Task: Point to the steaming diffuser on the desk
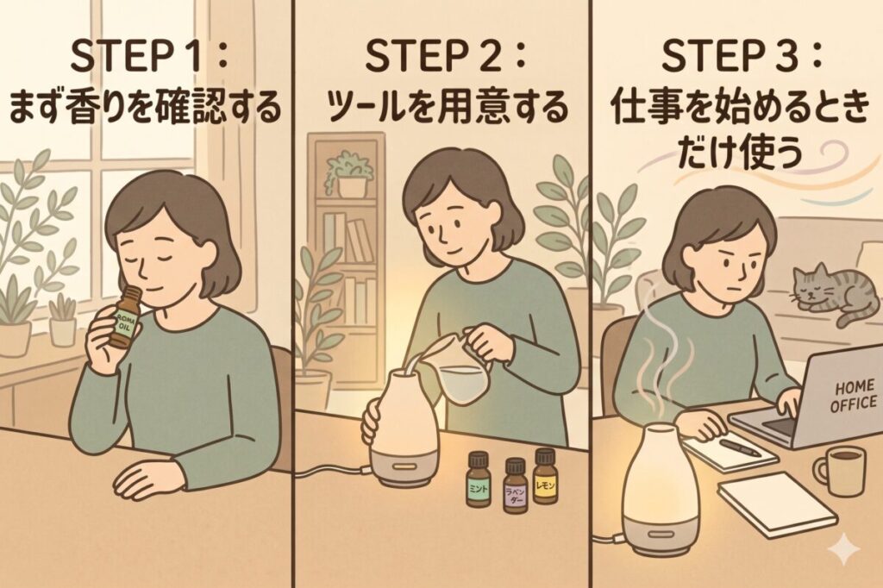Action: pos(661,491)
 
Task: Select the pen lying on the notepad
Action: pos(740,447)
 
